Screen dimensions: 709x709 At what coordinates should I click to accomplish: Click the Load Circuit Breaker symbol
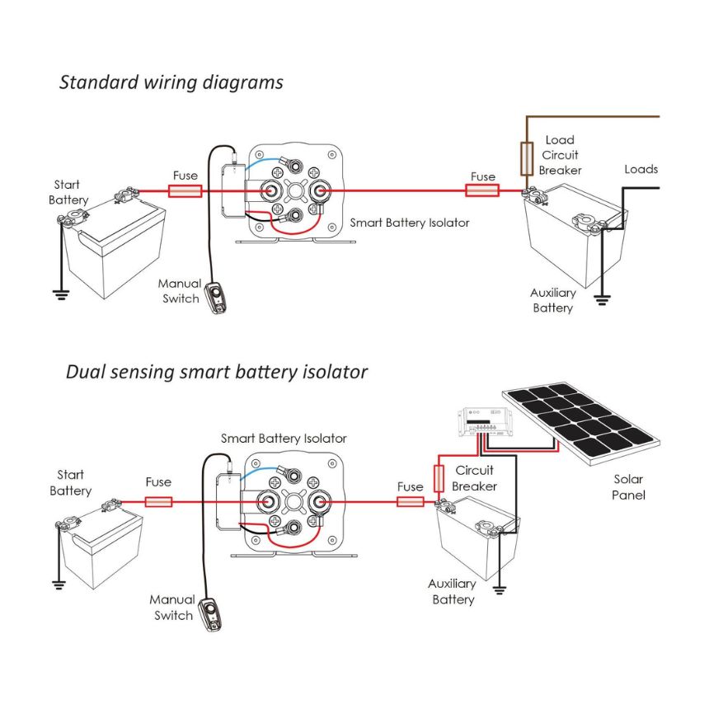click(525, 158)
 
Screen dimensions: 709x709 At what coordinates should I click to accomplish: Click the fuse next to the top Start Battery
click(185, 191)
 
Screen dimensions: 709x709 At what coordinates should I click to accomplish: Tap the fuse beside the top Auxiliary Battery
click(482, 191)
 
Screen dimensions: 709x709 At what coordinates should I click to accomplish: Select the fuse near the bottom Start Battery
click(158, 501)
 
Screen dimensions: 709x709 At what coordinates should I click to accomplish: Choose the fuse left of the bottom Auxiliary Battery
click(410, 501)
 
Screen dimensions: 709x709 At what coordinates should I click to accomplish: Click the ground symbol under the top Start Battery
click(60, 292)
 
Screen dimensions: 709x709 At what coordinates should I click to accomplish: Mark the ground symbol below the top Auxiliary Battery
click(602, 300)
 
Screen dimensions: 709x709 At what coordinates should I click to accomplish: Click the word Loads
click(641, 169)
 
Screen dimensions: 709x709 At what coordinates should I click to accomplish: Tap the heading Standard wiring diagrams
click(171, 82)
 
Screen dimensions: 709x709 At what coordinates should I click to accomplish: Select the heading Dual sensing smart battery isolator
click(216, 372)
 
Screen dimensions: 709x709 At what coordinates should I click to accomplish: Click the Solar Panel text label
click(628, 487)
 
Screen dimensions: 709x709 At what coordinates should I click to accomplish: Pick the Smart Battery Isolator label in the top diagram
click(409, 223)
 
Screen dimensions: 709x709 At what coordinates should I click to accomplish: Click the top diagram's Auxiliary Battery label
click(552, 300)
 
